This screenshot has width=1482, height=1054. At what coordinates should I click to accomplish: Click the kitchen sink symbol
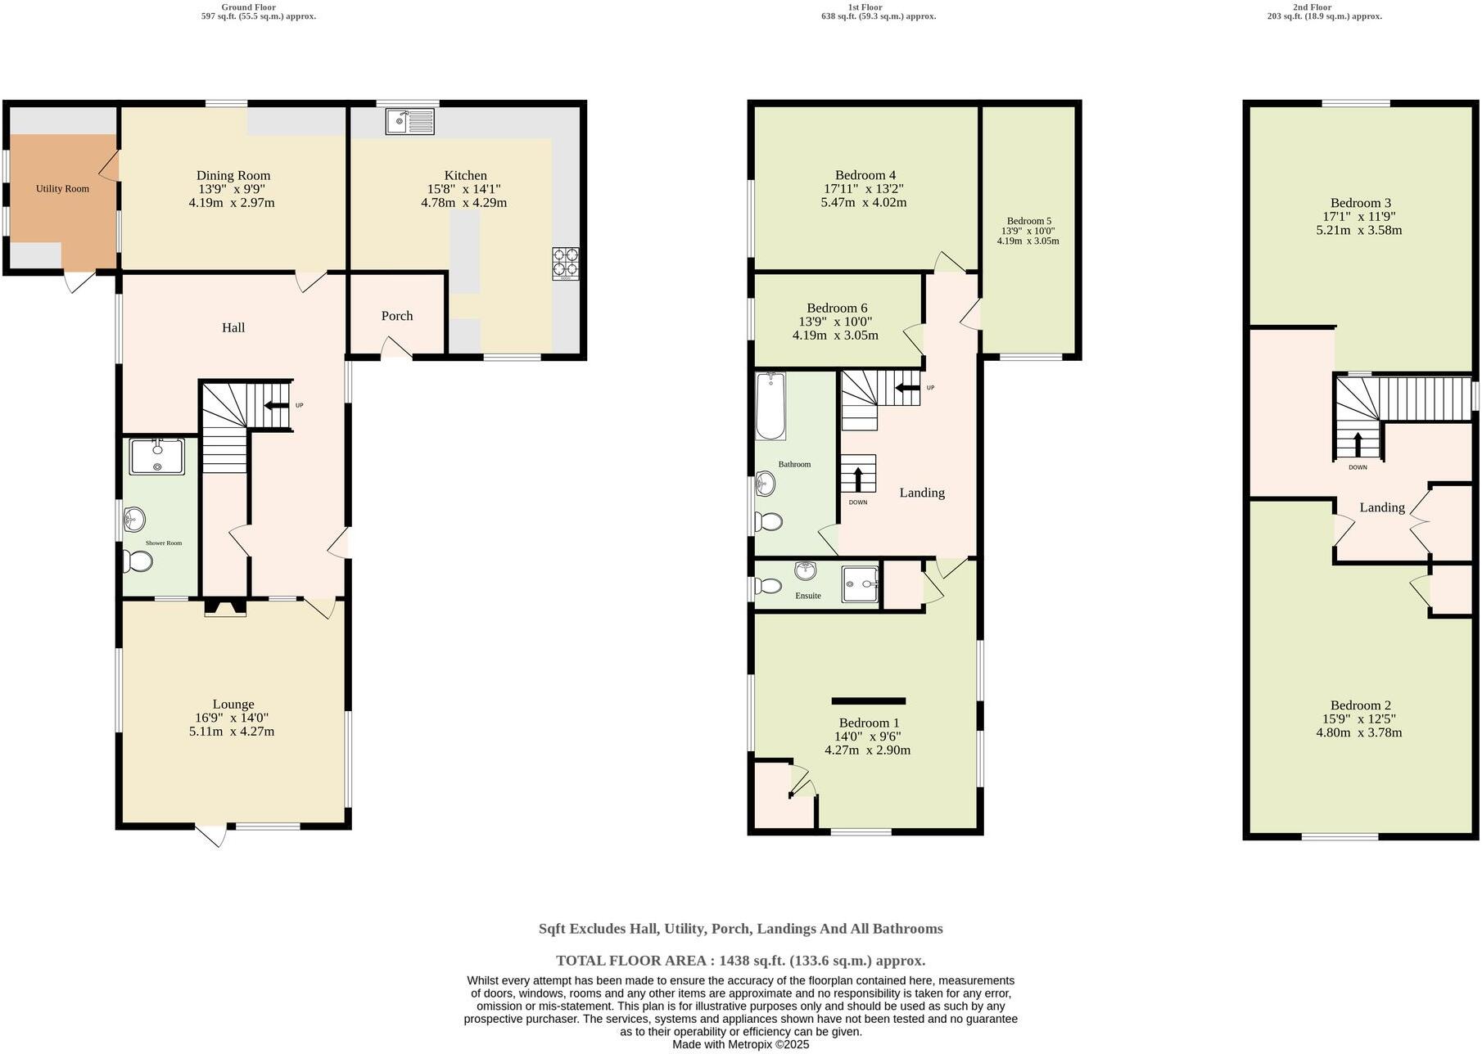[410, 121]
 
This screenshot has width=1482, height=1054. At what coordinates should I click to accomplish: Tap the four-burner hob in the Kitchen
[566, 263]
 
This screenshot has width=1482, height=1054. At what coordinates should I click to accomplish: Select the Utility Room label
[62, 189]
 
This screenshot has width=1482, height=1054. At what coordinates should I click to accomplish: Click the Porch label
[397, 316]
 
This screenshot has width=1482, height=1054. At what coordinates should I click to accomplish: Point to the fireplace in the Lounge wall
[224, 608]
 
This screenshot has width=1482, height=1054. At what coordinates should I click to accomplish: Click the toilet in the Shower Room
[138, 562]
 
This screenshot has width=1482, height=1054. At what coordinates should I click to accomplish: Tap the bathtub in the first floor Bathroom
[770, 407]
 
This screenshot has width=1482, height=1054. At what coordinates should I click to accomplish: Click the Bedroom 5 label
[1028, 221]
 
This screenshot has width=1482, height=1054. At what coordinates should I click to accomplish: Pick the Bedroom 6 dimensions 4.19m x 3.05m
[835, 336]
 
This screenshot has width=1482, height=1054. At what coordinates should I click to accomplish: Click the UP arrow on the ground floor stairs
[276, 405]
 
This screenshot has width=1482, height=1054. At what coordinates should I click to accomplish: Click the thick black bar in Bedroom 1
[869, 701]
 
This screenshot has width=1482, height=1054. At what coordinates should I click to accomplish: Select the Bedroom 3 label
[1360, 203]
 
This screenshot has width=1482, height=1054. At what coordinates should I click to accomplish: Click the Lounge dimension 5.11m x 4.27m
[232, 732]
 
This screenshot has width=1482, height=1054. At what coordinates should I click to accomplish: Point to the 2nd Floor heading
[1312, 7]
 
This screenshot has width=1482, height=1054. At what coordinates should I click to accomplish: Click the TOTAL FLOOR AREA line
[740, 961]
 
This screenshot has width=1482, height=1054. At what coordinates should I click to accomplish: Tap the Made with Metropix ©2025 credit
[740, 1045]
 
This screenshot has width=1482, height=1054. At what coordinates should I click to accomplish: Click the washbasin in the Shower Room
[135, 519]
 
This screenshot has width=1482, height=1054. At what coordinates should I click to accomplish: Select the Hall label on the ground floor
[233, 327]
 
